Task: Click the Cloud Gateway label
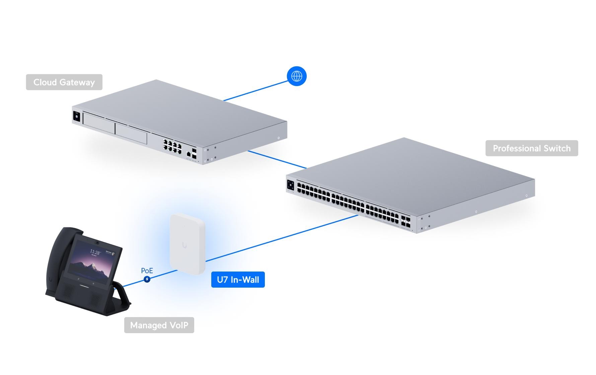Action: click(64, 82)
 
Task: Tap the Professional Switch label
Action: click(531, 148)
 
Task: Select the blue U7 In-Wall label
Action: click(238, 280)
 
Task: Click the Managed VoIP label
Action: click(159, 325)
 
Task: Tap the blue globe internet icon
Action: click(297, 76)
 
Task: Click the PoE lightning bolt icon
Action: click(147, 279)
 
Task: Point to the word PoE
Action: click(147, 271)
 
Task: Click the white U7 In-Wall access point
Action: click(187, 243)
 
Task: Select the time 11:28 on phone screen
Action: click(95, 252)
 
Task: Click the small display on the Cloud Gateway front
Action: click(76, 116)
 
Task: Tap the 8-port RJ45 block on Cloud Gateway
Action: click(172, 146)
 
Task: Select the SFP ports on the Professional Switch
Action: click(405, 221)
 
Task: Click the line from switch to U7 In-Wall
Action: click(281, 238)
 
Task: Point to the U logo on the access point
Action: click(184, 245)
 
